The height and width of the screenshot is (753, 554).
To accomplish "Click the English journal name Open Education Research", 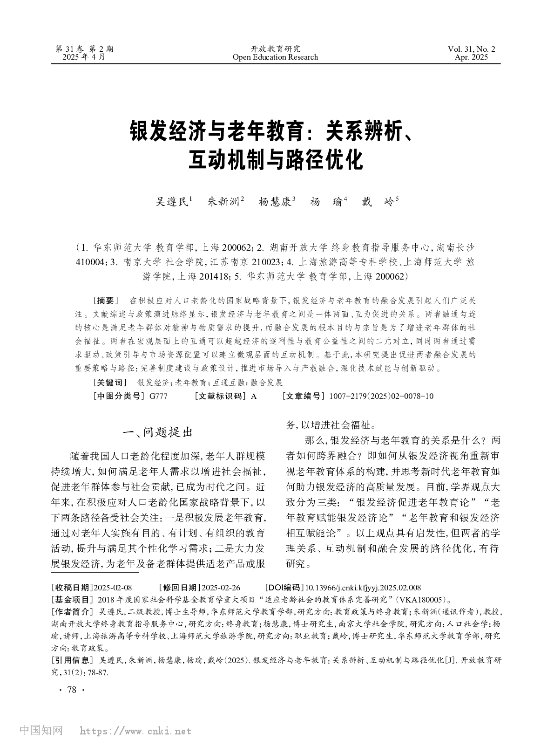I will point(275,57).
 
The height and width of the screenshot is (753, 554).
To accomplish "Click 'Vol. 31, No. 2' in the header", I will point(472,49).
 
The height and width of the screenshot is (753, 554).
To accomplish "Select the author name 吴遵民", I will point(172,202).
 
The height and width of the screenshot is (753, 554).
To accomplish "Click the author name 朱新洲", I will point(223,202).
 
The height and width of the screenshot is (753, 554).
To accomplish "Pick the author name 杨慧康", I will point(275,202).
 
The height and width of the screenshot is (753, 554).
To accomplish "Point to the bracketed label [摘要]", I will point(107,300).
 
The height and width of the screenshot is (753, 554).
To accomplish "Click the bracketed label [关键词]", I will point(110,383).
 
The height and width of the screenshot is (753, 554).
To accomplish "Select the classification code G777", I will point(158,397).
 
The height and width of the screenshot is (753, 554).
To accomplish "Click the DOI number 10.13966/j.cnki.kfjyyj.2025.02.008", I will point(363,588).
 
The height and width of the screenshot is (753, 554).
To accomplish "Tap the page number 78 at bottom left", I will point(71,690).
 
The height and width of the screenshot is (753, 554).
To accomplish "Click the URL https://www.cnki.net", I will point(135,731).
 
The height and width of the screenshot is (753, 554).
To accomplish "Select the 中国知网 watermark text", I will point(41,731).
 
